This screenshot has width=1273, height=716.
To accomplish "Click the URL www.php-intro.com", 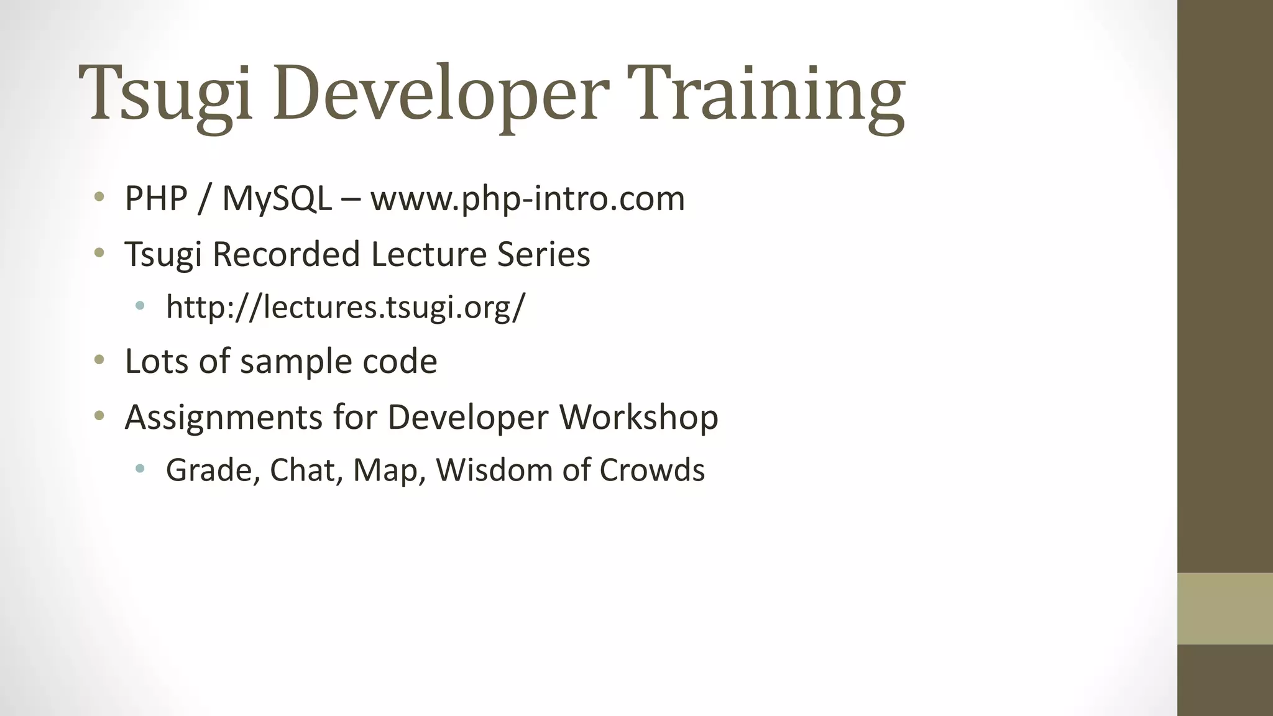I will click(528, 199).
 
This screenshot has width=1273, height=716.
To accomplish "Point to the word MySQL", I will click(277, 199).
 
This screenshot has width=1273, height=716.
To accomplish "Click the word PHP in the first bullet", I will click(156, 199).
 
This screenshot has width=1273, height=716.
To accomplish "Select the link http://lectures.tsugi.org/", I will click(346, 307).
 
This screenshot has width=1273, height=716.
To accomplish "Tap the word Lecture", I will click(428, 254).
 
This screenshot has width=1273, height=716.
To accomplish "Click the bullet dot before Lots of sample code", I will click(99, 360).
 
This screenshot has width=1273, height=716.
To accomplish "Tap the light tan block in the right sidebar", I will click(1225, 608).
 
